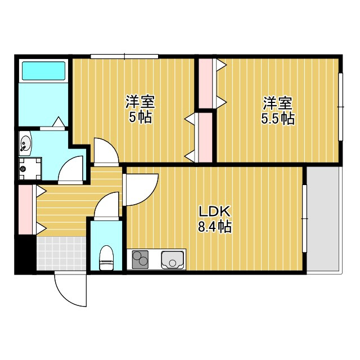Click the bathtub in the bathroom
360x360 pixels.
[43, 71]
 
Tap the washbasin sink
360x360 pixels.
[25, 145]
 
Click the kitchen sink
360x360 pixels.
[173, 260]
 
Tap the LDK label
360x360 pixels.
[214, 212]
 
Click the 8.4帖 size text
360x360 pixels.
[214, 227]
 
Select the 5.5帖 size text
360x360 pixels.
[277, 119]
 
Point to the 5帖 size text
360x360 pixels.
[140, 118]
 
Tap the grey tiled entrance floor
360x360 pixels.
[61, 253]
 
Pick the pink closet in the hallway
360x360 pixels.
[25, 208]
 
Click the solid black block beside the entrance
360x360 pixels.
[23, 256]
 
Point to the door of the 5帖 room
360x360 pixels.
[105, 150]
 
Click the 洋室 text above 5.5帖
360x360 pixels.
[277, 103]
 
